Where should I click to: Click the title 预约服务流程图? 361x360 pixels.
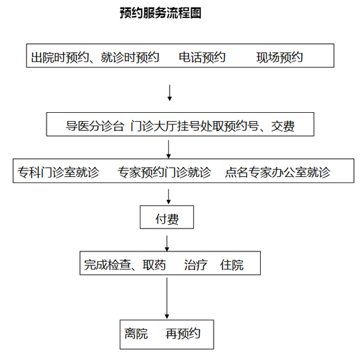pos(161,13)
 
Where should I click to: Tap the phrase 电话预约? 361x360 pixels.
pos(202,57)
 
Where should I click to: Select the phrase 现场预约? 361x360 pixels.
pos(280,57)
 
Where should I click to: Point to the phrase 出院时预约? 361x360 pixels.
pos(60,57)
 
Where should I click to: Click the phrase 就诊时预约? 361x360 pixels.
pos(130,57)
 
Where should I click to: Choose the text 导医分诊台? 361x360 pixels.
pos(95,126)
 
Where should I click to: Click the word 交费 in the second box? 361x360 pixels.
pos(282,126)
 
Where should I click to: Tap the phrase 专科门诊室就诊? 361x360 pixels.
pos(58,172)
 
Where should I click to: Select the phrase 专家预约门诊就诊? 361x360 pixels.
pos(164,172)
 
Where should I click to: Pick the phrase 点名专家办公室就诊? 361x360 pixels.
pos(278,172)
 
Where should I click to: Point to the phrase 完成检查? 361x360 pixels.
pos(107,265)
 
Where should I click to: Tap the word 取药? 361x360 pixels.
pos(154,265)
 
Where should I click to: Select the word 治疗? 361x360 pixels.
pos(195,265)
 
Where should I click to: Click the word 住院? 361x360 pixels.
pos(232,265)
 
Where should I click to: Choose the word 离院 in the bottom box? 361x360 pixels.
pos(136,334)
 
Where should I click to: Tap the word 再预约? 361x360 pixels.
pos(183,334)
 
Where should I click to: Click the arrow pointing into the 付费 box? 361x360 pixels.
pos(168,197)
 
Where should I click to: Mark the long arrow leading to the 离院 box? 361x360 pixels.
pos(167,298)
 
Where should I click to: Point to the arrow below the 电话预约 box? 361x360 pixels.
pos(170,93)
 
